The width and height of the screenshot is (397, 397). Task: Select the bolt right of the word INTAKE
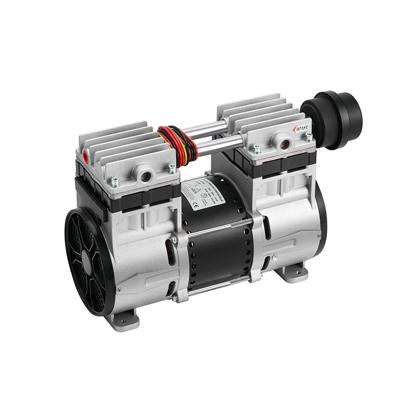pyautogui.click(x=309, y=136)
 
